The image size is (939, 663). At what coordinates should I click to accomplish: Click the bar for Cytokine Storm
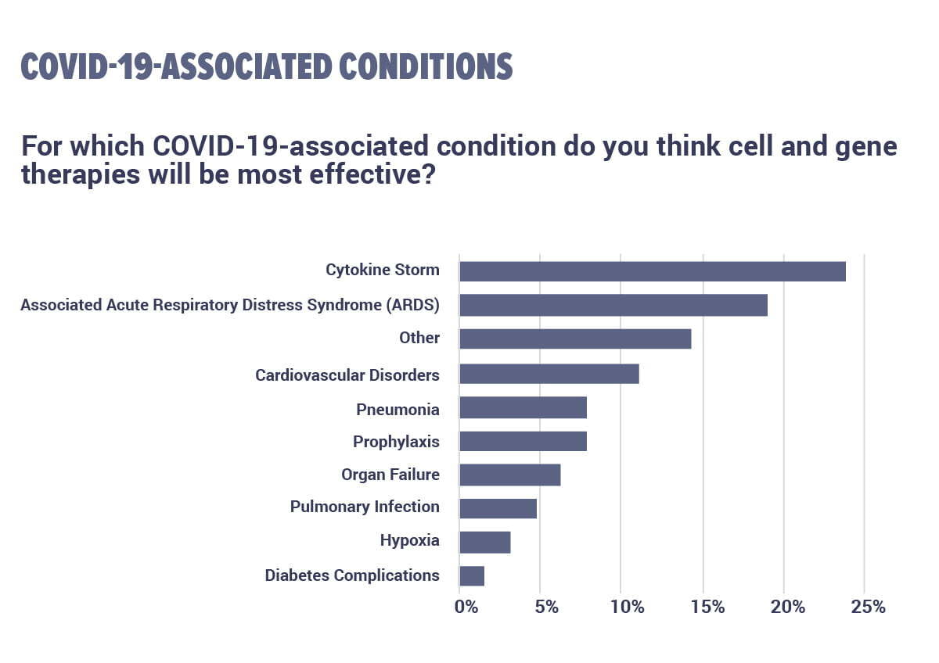(653, 271)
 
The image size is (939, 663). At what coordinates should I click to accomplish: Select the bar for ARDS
(613, 305)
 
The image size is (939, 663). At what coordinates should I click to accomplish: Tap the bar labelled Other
(575, 339)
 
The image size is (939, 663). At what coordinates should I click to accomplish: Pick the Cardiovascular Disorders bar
(549, 374)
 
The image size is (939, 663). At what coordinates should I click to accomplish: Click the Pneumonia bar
(523, 408)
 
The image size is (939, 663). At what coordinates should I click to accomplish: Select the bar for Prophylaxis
(523, 441)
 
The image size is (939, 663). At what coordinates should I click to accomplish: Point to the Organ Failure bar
(510, 475)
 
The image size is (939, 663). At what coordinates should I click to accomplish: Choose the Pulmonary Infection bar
(498, 508)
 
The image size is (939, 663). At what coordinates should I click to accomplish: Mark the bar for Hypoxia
(485, 542)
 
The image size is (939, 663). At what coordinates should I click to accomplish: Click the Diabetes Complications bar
(472, 575)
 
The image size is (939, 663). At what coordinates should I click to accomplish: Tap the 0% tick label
(466, 607)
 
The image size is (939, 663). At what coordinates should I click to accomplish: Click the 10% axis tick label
(628, 607)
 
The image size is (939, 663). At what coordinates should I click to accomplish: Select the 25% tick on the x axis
(868, 607)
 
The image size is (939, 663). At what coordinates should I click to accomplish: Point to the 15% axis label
(707, 607)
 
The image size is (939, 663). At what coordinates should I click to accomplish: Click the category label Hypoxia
(409, 540)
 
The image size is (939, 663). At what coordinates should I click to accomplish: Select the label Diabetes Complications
(352, 575)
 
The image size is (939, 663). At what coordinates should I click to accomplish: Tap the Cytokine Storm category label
(383, 271)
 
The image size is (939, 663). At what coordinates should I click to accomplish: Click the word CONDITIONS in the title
(426, 67)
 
